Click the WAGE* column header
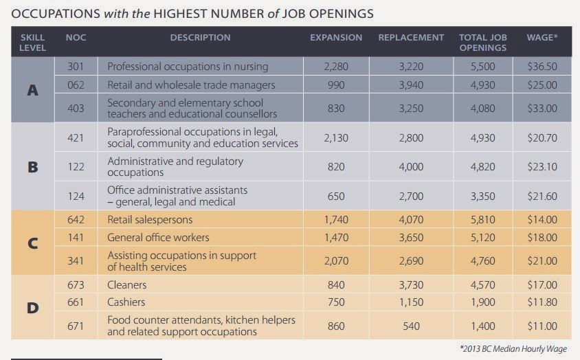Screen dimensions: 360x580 point(542,38)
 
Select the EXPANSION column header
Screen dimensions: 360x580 point(336,38)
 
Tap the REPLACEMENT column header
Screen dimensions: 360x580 point(411,38)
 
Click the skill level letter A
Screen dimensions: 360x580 point(32,90)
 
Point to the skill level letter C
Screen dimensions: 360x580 point(32,243)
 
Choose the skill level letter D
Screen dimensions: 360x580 point(32,308)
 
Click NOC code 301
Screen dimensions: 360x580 point(76,67)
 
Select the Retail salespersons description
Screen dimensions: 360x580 point(150,220)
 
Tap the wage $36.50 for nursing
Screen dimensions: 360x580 point(542,67)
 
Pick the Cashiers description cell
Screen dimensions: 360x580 point(126,302)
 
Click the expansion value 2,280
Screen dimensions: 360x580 point(336,67)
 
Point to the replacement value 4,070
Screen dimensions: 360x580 point(411,220)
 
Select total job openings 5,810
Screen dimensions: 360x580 point(482,220)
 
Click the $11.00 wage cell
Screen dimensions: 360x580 point(542,326)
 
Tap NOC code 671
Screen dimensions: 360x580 point(76,326)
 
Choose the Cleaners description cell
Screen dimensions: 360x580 point(127,284)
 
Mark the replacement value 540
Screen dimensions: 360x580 point(411,326)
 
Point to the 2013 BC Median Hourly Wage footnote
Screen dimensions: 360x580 point(513,349)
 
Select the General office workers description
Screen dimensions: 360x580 point(158,238)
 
